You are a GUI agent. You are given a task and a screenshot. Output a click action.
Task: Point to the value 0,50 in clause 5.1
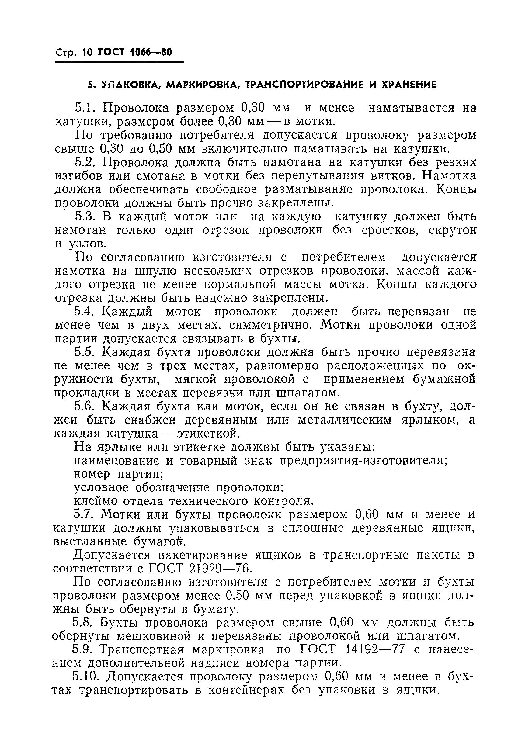(161, 149)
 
